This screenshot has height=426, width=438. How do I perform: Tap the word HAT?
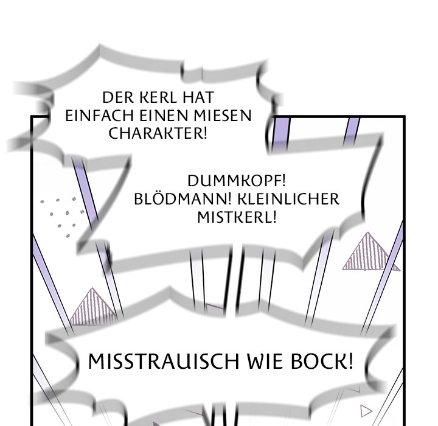click(198, 97)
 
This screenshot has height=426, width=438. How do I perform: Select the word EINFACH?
click(99, 116)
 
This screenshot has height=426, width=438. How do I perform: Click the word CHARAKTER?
click(158, 133)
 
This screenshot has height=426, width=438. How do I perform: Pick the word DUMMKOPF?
click(237, 181)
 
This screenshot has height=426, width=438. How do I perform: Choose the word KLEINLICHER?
click(288, 199)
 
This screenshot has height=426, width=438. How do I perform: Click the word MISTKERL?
click(237, 217)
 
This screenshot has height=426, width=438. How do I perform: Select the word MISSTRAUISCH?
click(164, 361)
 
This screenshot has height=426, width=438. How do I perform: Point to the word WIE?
click(265, 361)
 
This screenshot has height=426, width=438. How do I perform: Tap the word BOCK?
click(322, 361)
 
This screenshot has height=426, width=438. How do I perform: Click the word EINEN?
click(164, 116)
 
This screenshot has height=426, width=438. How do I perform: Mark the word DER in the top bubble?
click(118, 97)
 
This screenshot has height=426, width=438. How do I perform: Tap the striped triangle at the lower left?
click(92, 307)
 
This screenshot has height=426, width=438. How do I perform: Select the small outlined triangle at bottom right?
click(366, 411)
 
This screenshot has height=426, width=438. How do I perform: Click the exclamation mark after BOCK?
click(351, 361)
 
